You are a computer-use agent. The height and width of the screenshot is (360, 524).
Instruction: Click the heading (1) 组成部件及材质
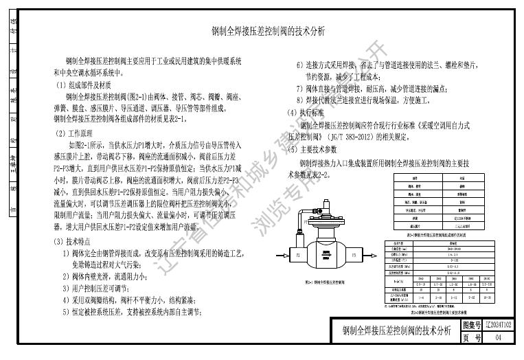(89, 85)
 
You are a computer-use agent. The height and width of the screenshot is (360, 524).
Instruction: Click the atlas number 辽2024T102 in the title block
(499, 324)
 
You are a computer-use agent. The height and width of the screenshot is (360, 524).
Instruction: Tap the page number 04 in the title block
(499, 337)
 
